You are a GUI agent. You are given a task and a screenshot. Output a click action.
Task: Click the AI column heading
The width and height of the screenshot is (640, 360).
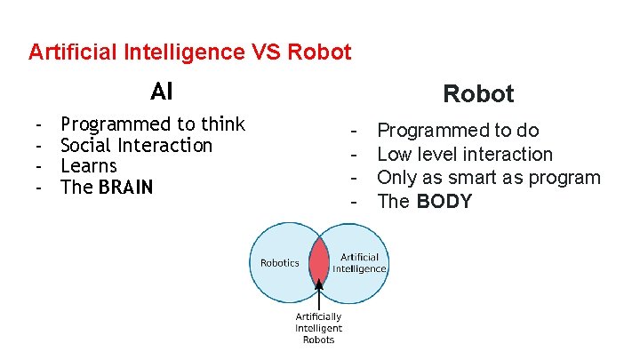coord(162,92)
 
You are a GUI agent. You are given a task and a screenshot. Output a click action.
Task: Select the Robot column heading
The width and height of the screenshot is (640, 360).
coord(478,94)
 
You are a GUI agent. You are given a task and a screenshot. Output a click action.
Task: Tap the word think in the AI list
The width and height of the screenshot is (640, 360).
coord(223,124)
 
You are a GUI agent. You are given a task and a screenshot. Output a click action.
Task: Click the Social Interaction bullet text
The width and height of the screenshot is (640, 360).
coord(136,145)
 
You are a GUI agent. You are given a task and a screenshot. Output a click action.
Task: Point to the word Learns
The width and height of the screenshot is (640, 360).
coord(89,166)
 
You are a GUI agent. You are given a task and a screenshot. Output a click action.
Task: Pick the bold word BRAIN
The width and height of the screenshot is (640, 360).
coord(126,188)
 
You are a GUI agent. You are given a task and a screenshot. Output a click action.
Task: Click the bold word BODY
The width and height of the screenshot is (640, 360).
coord(444,201)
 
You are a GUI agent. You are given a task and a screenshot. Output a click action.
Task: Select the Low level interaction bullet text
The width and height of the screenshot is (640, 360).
coord(465,155)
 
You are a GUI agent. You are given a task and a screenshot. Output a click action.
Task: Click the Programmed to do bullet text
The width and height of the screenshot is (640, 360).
coord(458,132)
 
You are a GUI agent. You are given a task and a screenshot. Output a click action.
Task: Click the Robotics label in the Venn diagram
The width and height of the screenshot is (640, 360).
coord(279,263)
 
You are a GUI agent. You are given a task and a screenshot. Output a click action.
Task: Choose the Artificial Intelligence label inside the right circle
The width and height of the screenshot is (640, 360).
coord(359,263)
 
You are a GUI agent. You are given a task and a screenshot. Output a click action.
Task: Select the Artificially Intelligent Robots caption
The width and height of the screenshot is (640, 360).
coord(318,328)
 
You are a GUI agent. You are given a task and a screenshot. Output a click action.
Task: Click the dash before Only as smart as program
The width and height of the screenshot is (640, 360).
coord(355,178)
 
